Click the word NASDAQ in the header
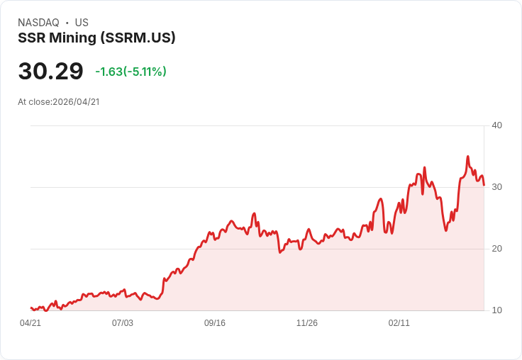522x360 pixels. pos(38,23)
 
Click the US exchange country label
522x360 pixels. pos(82,23)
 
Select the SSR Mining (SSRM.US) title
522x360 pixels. pos(96,38)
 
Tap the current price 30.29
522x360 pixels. pos(50,72)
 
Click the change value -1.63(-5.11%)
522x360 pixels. pos(130,72)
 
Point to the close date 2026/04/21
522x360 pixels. pos(76,102)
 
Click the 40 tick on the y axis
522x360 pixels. pos(496,125)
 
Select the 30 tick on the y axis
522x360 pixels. pos(496,187)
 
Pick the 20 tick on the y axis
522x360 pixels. pos(496,249)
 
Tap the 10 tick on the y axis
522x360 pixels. pos(496,310)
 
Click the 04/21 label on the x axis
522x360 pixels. pos(30,323)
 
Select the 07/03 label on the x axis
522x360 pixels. pos(123,323)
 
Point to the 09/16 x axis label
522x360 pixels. pos(215,323)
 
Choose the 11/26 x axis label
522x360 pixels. pos(307,323)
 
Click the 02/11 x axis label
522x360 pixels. pos(399,323)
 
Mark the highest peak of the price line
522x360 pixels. pos(467,157)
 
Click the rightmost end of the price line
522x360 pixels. pos(484,185)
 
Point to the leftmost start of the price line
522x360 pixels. pos(31,308)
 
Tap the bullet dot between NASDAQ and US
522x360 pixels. pos(67,23)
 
